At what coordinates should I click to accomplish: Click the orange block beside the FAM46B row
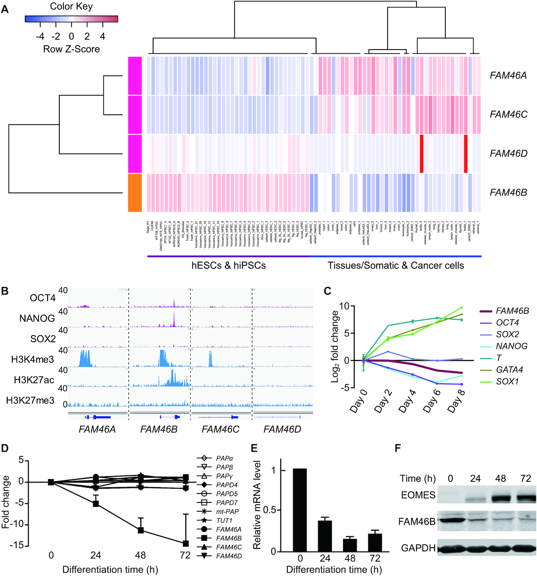click(x=135, y=193)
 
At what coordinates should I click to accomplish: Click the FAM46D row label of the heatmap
click(x=508, y=153)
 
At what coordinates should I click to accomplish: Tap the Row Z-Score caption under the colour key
click(x=71, y=49)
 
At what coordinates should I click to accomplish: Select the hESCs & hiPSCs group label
click(x=229, y=265)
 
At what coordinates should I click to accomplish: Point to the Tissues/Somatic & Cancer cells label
click(x=396, y=265)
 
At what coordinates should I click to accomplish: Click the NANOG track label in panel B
click(x=37, y=318)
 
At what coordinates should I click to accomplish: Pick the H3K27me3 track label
click(x=30, y=400)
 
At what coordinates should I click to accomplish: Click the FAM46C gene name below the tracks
click(x=221, y=429)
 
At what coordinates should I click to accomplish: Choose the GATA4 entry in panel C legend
click(x=509, y=370)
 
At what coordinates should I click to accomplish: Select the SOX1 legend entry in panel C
click(x=507, y=381)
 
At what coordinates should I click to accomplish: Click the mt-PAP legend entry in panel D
click(x=227, y=512)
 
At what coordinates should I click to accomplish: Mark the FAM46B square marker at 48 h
click(x=141, y=530)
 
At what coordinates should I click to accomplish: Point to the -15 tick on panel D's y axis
click(x=16, y=545)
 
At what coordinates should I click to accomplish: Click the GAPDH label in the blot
click(x=418, y=548)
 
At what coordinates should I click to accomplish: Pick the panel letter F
click(x=398, y=448)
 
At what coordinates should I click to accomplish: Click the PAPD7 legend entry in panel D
click(x=227, y=503)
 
